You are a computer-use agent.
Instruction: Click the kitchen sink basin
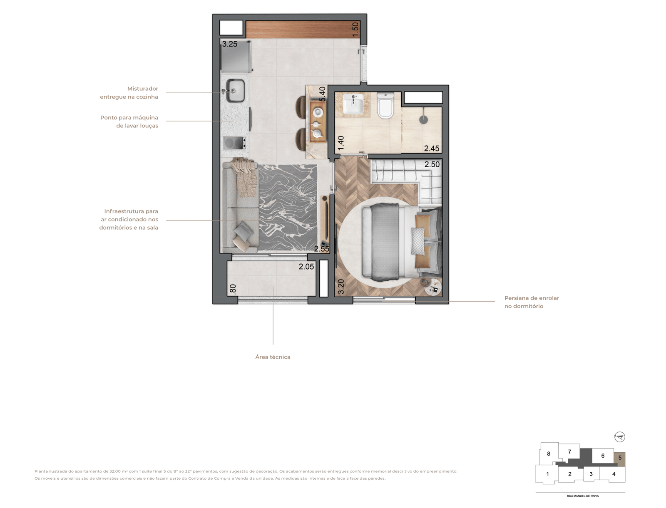[235, 90]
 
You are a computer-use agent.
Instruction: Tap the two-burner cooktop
[234, 143]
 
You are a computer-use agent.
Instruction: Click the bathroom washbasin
[353, 104]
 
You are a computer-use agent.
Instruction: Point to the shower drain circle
[423, 119]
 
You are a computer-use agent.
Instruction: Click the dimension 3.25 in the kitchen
[230, 44]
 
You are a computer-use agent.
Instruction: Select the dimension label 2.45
[432, 148]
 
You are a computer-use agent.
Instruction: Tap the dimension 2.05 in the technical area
[306, 267]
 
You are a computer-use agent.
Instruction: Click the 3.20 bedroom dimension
[341, 287]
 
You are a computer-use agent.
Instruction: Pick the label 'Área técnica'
[273, 357]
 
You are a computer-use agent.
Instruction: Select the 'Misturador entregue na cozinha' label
[129, 93]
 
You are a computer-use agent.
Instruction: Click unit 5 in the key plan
[619, 458]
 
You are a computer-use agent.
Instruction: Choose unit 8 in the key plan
[548, 454]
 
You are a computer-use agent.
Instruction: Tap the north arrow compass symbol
[619, 437]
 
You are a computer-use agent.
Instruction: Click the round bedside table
[431, 287]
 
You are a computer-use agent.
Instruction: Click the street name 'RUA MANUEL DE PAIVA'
[583, 496]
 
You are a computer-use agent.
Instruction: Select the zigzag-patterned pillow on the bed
[418, 241]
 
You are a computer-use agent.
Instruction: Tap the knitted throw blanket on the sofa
[244, 176]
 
